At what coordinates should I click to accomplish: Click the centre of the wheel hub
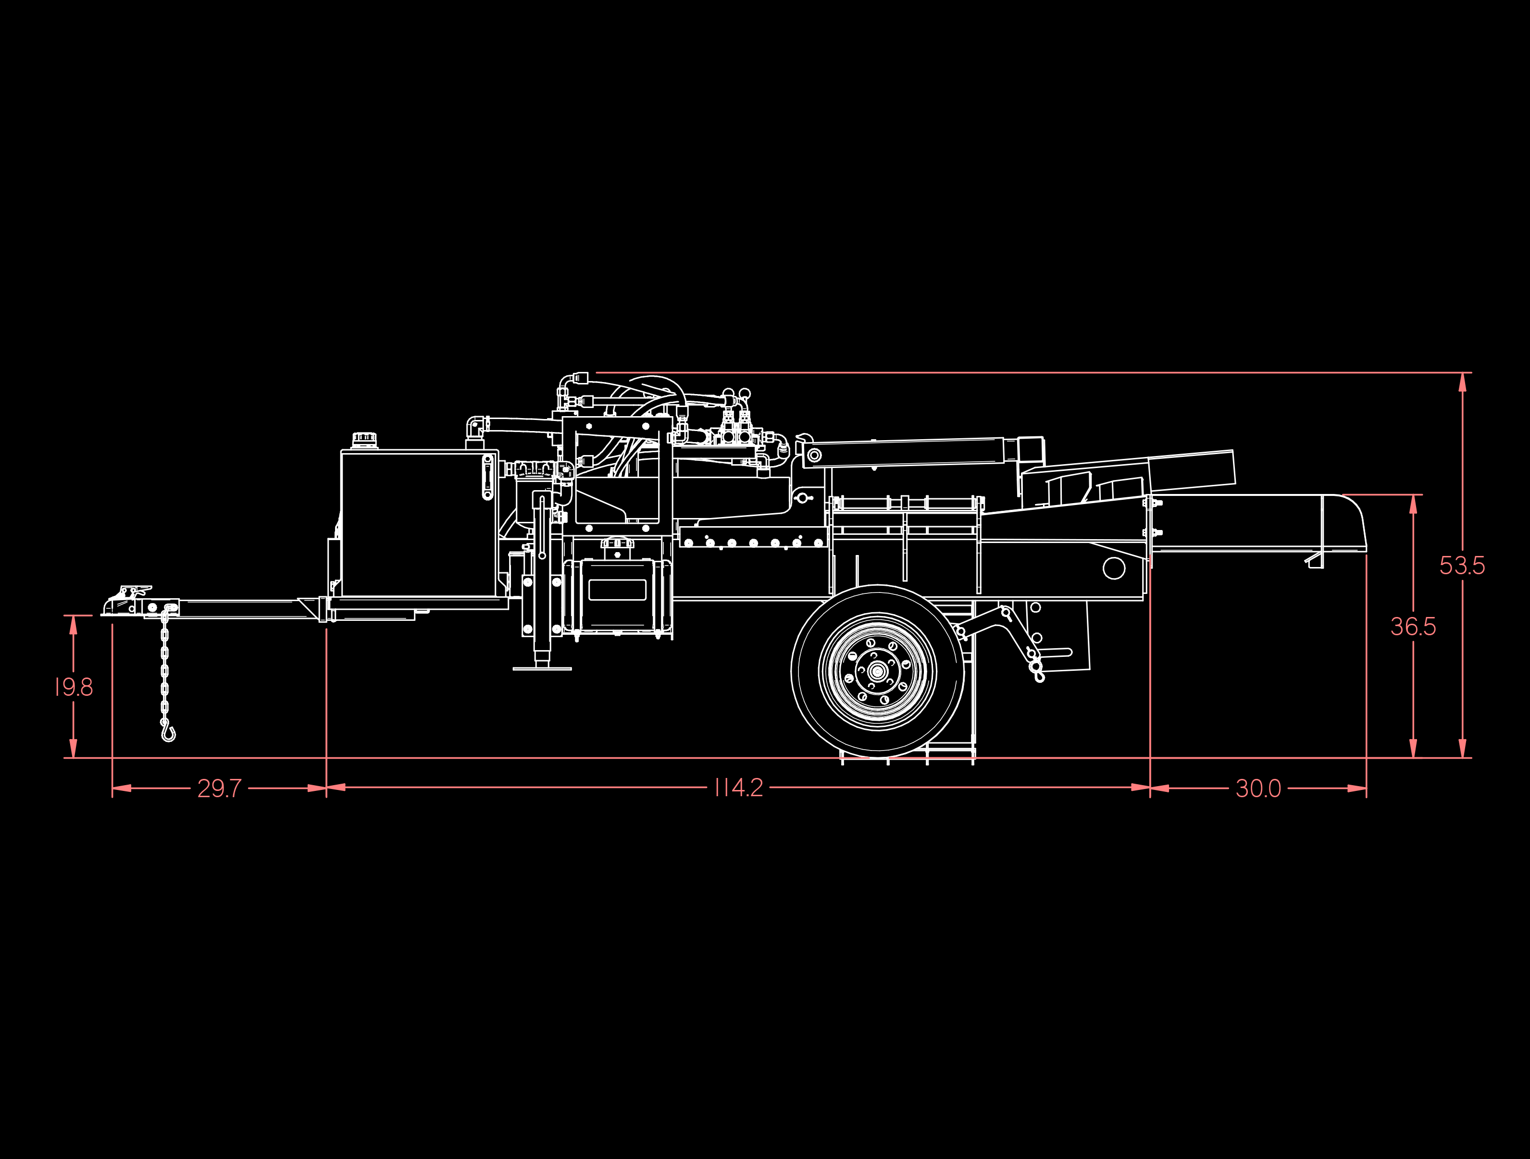coord(878,671)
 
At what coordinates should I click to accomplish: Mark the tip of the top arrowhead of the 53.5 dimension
coord(1462,373)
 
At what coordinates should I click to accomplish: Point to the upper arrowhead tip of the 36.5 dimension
coord(1413,495)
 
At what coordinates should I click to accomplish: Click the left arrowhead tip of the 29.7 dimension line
coord(113,788)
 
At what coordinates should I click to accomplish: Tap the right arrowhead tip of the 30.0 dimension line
coord(1367,788)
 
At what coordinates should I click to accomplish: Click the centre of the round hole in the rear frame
coord(1114,568)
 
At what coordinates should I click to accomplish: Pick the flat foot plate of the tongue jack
coord(542,669)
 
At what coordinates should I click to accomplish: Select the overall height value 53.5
coord(1462,566)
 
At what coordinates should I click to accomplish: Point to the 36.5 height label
coord(1413,627)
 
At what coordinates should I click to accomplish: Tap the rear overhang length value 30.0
coord(1258,789)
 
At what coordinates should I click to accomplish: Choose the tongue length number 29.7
coord(219,789)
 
